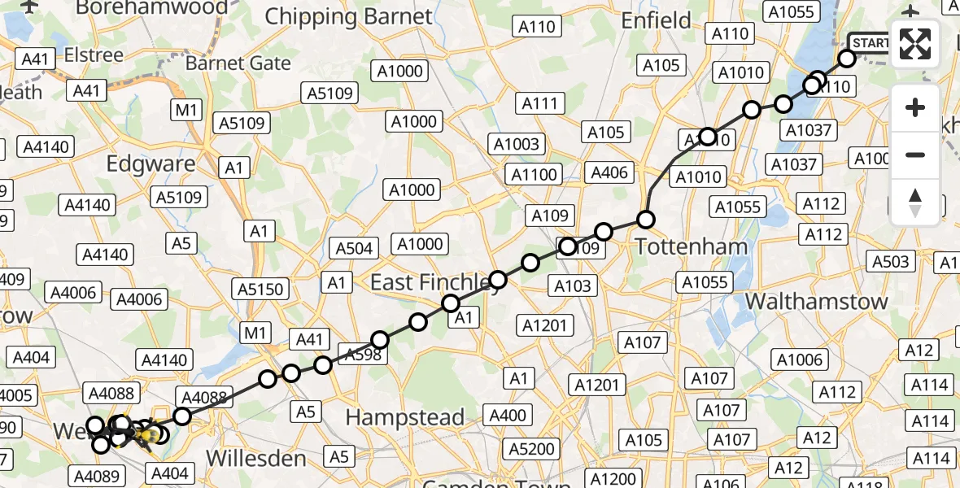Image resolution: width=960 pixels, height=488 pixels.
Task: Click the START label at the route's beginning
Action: tap(871, 42)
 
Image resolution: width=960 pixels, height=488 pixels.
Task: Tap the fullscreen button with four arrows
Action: tap(915, 44)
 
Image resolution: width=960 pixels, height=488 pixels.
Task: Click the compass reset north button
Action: tap(915, 202)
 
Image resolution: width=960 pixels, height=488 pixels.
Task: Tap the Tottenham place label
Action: tap(679, 246)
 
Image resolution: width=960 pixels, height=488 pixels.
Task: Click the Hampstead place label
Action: tap(405, 417)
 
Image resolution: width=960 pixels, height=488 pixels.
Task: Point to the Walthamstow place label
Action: tap(817, 301)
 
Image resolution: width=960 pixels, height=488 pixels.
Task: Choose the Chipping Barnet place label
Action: tap(349, 16)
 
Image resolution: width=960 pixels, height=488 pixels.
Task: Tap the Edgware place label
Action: tap(151, 163)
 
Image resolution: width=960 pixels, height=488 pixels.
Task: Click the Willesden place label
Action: tap(255, 458)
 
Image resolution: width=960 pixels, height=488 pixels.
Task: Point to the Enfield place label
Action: tap(657, 20)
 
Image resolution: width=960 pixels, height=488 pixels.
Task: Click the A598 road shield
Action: tap(361, 352)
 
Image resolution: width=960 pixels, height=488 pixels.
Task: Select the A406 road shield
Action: tap(609, 172)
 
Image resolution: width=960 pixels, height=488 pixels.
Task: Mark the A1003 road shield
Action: tap(516, 144)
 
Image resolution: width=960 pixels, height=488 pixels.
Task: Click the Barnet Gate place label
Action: tap(238, 63)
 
